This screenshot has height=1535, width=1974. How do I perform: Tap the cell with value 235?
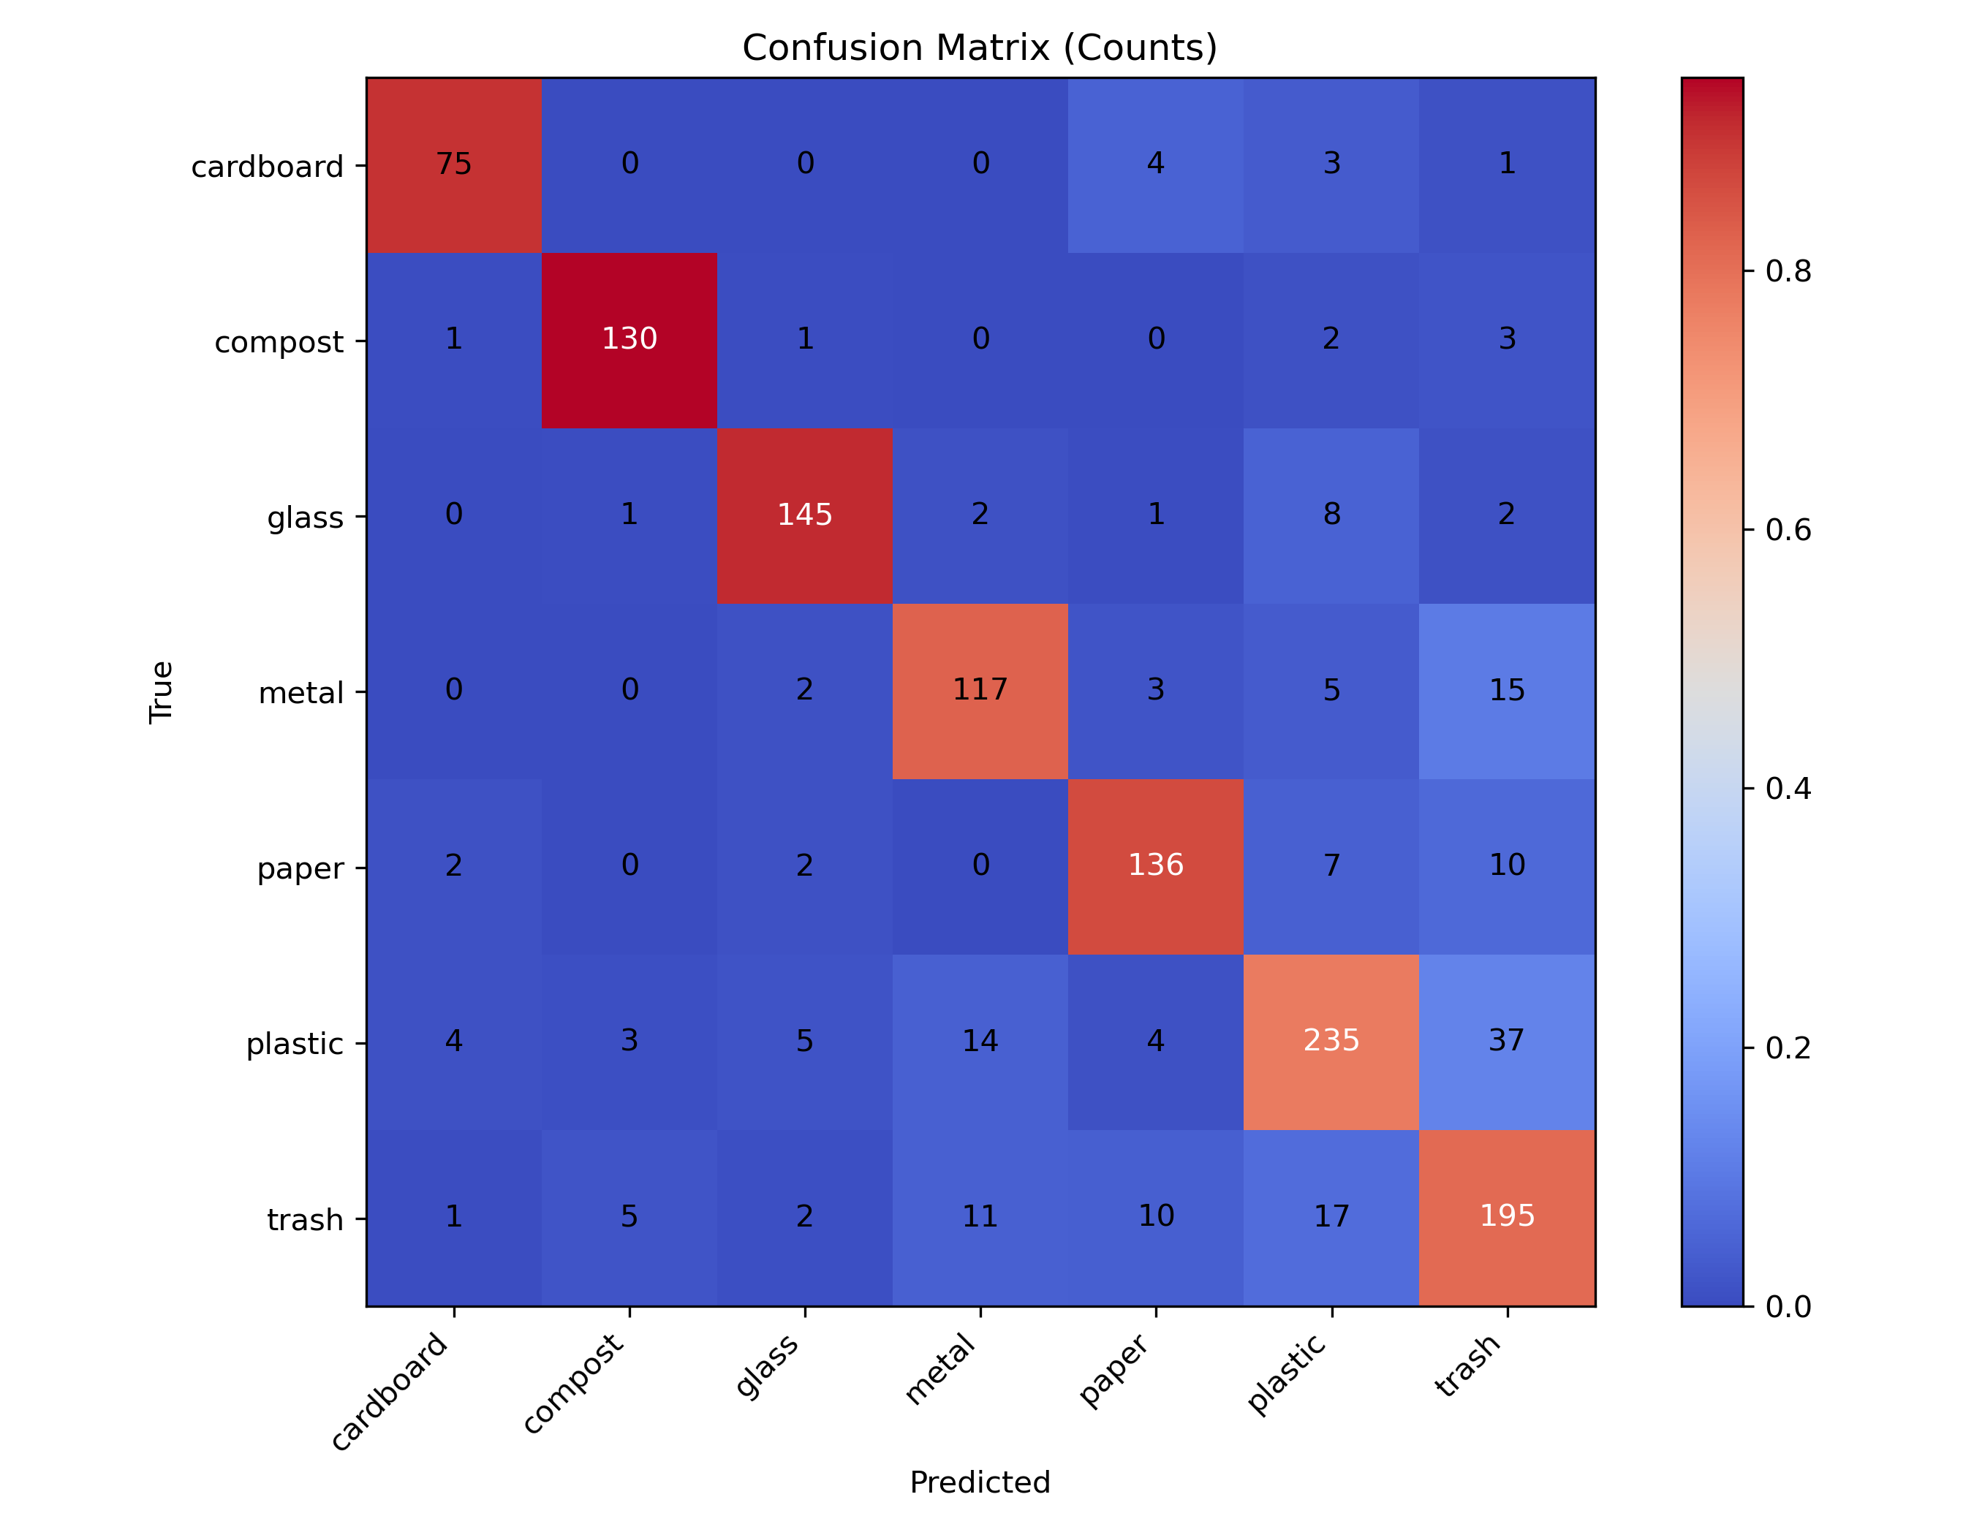1331,1041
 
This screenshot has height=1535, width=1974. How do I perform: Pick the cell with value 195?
1507,1216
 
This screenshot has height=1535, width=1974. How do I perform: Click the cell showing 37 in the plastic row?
1507,1041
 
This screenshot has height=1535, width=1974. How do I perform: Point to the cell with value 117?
980,690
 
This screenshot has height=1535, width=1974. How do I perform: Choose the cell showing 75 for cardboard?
454,164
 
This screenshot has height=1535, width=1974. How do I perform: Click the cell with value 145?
804,515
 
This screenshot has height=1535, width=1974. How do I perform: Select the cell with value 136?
1155,865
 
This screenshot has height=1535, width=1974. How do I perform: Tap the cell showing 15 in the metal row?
1507,690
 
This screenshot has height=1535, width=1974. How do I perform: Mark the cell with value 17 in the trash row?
1331,1216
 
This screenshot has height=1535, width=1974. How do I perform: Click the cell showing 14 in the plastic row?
980,1041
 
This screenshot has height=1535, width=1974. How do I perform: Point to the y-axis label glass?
305,518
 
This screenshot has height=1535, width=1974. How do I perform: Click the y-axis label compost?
279,342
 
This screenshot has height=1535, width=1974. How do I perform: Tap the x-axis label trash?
1469,1366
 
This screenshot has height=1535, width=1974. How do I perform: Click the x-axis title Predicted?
980,1482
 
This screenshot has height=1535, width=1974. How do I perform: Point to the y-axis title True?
161,692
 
